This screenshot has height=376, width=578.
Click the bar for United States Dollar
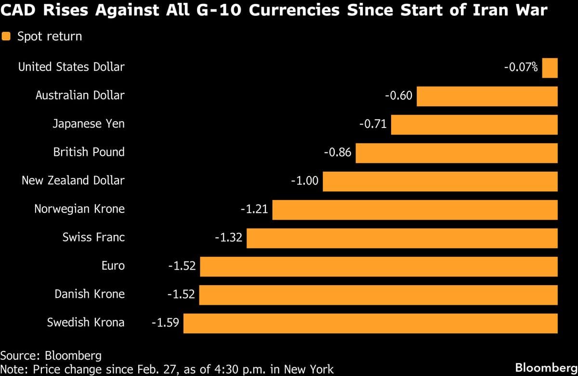[x=550, y=68]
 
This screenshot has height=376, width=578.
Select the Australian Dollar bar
[x=487, y=96]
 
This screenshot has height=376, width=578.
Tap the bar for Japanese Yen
[x=474, y=125]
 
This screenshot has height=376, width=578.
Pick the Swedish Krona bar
[x=370, y=323]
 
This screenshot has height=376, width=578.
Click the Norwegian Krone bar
[x=415, y=210]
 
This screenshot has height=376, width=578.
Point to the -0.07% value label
[x=521, y=67]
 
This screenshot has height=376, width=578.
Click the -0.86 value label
[x=337, y=153]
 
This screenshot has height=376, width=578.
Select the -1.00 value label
[x=305, y=181]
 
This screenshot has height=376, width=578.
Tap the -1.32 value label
[x=228, y=238]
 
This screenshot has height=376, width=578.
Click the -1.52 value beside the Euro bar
[x=182, y=266]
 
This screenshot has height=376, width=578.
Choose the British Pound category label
[x=89, y=152]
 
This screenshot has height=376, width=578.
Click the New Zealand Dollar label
[x=73, y=181]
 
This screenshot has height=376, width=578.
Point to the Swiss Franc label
[x=93, y=238]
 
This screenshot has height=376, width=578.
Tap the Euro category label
[x=113, y=266]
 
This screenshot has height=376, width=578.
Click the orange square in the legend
[x=7, y=37]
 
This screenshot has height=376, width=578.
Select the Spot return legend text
[x=49, y=37]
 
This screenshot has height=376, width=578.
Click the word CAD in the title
[x=18, y=10]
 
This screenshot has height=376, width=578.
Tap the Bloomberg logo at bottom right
[x=546, y=368]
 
